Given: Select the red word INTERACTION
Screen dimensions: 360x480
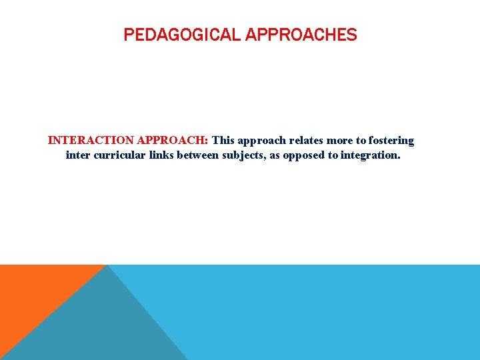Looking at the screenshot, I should click(x=91, y=141).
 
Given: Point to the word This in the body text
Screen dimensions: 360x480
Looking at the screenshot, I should click(x=223, y=141).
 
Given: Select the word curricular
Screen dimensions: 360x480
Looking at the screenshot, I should click(x=122, y=155).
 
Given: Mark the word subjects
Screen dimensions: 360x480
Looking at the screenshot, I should click(x=245, y=155).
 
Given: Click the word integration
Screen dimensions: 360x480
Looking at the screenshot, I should click(x=371, y=155).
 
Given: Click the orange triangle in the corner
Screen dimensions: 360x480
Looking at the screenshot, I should click(x=33, y=293).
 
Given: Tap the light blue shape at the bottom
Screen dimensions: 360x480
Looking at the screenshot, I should click(x=333, y=313).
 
